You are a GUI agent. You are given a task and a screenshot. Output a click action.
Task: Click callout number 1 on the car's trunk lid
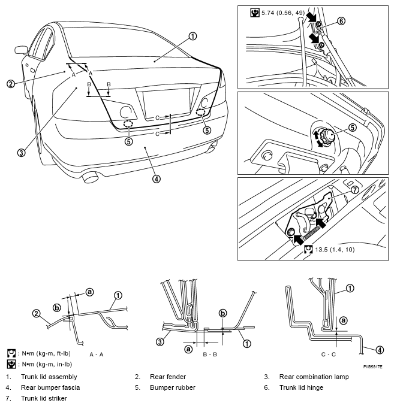pos(193,37)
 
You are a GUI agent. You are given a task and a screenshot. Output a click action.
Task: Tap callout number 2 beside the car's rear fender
pos(11,84)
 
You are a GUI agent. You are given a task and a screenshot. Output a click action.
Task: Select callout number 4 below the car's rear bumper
pos(157,178)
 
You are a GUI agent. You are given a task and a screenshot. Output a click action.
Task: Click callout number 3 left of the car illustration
pos(22,153)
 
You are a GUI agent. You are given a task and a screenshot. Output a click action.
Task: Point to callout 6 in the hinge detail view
pos(342,21)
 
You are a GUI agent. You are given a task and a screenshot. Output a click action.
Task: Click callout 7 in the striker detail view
pos(354,190)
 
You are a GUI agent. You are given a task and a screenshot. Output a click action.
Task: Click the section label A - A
pos(96,355)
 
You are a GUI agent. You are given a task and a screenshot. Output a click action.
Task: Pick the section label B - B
pos(210,355)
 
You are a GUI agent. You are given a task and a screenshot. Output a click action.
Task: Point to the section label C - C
pos(329,355)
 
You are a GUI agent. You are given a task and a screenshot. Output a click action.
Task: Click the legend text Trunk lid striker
pos(44,398)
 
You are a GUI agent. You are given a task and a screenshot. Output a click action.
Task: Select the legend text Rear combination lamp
pos(314,377)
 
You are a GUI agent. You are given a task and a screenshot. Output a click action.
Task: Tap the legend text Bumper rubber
pos(173,387)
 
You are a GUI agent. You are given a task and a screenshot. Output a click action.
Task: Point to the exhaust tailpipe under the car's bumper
pos(90,178)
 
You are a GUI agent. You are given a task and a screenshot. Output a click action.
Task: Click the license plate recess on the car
pos(166,102)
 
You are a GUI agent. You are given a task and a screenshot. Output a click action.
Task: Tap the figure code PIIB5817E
pos(373,366)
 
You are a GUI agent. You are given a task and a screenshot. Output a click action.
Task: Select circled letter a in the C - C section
pos(344,320)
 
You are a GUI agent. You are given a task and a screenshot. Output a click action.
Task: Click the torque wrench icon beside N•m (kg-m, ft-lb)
pos(11,353)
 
